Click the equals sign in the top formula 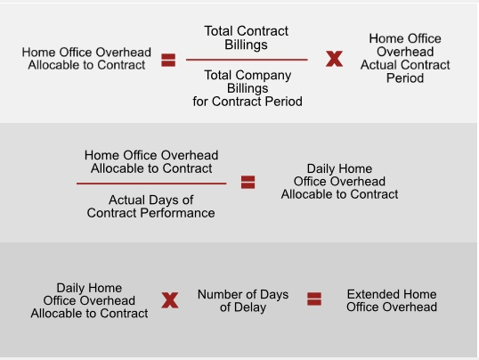(168, 60)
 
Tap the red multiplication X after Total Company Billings (334, 59)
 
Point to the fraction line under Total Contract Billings (247, 60)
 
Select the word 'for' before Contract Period (200, 102)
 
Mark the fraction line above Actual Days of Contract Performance (151, 184)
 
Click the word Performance (177, 213)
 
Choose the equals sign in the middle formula (248, 182)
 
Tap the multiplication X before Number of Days (170, 300)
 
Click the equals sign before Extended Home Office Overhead (314, 299)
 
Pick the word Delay (250, 307)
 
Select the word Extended (370, 294)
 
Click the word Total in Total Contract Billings (218, 31)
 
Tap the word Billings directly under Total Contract (247, 45)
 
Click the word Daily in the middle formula (321, 169)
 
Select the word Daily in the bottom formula (70, 288)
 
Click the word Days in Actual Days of (166, 200)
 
